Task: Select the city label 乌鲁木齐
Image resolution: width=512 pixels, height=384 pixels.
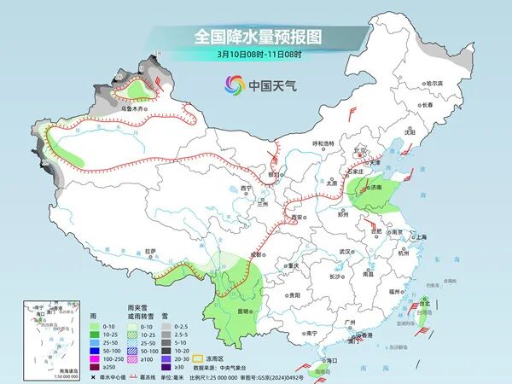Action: (x=136, y=109)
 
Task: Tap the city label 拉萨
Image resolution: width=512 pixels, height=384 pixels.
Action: (x=151, y=251)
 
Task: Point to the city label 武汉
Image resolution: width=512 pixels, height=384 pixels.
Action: (x=345, y=252)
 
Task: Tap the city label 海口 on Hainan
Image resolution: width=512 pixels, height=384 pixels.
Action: (x=317, y=362)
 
